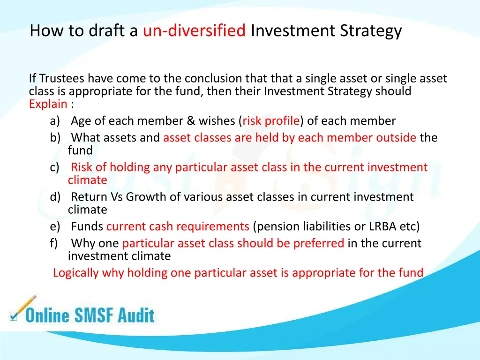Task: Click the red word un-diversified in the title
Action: pos(194,31)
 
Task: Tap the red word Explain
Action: pos(48,104)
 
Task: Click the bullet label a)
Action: pos(55,121)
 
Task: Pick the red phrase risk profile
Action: pos(270,121)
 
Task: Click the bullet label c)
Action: pos(55,167)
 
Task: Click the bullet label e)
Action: pos(55,226)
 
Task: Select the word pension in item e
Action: pos(276,226)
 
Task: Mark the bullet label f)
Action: pos(54,243)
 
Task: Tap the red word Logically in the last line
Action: pos(76,272)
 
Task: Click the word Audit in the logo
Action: pos(136,315)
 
